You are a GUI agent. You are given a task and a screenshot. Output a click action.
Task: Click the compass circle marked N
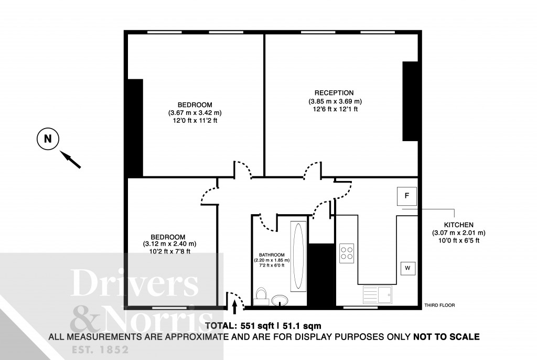tap(48, 139)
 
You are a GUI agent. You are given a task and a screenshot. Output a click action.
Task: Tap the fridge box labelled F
tap(407, 196)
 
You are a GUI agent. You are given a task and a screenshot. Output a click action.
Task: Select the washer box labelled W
tap(408, 268)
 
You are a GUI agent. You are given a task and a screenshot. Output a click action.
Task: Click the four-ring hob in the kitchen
tap(347, 253)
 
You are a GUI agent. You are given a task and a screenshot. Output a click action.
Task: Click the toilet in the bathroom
tap(261, 297)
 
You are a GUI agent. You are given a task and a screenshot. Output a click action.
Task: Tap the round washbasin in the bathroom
tap(280, 300)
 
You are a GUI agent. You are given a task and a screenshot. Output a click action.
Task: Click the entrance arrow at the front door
tap(234, 307)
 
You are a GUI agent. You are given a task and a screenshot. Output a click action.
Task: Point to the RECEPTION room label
tap(334, 93)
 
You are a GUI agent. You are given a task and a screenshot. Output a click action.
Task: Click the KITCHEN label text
tap(458, 225)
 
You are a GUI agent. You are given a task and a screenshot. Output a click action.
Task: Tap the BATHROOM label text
tap(272, 255)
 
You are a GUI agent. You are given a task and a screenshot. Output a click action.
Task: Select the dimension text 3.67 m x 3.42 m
tap(195, 112)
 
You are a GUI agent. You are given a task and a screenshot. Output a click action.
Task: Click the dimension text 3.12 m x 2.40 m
tap(169, 244)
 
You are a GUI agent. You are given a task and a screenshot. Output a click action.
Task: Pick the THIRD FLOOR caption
tap(440, 305)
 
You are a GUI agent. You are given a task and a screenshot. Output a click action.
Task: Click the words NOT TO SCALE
tap(446, 337)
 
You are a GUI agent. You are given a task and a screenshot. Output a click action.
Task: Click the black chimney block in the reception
tap(410, 101)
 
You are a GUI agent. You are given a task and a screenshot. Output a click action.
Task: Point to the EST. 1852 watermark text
tap(100, 350)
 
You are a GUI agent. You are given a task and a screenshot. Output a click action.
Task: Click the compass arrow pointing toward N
tap(71, 160)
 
